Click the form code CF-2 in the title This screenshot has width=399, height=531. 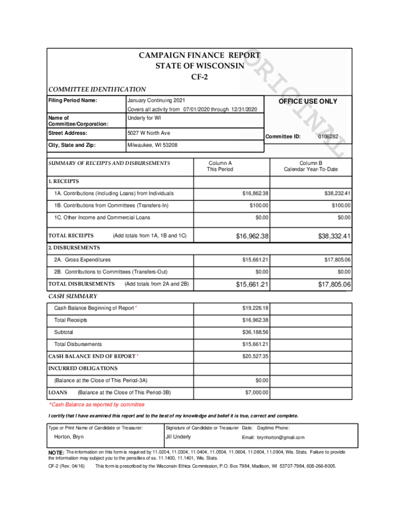pos(199,77)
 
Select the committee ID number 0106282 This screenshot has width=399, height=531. pos(328,136)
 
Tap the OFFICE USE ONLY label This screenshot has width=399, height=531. pos(308,101)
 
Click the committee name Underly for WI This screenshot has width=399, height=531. pos(145,118)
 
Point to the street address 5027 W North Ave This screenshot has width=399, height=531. pos(149,133)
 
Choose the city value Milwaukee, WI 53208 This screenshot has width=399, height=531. pos(152,145)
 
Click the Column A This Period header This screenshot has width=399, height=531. pos(220,166)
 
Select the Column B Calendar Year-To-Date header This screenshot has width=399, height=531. pos(310,166)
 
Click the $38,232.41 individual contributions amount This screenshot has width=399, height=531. pos(336,193)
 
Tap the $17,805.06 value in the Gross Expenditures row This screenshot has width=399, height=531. pos(336,259)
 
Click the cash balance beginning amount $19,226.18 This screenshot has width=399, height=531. pos(255,308)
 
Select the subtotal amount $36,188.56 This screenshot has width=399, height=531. pos(255,332)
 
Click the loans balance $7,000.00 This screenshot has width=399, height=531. pos(256,393)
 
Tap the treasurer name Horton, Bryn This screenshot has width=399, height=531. pos(69,437)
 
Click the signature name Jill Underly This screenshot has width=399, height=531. pos(178,437)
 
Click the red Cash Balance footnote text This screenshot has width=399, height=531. pos(97,404)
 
